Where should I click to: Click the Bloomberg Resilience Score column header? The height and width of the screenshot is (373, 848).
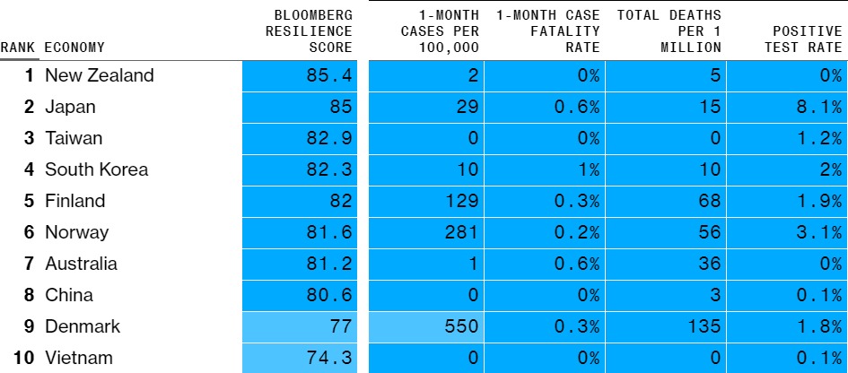coord(309,30)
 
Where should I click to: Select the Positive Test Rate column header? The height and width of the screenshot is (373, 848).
coord(803,39)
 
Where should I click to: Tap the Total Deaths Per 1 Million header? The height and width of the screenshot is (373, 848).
coord(669,30)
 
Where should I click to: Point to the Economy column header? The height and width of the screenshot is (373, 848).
coord(74,48)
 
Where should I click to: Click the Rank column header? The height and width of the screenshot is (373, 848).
coord(19,48)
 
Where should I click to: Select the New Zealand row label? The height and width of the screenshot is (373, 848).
coord(100,75)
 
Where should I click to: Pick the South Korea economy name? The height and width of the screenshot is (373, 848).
coord(96,169)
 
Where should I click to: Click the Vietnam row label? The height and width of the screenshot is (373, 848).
coord(79,358)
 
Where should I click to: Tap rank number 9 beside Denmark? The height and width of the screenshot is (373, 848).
coord(29,326)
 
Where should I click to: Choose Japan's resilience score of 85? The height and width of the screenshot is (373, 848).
coord(341,107)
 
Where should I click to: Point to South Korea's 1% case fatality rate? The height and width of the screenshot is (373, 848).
coord(588,169)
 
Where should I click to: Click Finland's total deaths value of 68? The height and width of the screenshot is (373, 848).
coord(709,201)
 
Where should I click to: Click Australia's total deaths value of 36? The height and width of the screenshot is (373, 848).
coord(709,264)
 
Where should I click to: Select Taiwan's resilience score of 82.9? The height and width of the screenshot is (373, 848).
coord(328,138)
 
